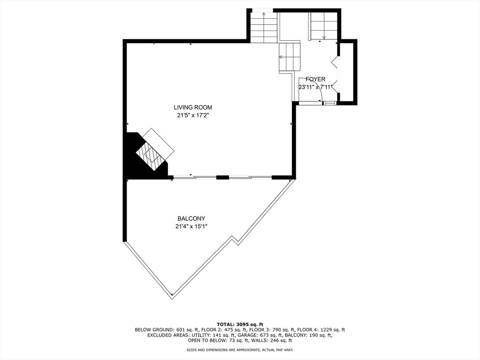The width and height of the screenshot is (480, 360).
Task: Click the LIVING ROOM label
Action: [193, 107]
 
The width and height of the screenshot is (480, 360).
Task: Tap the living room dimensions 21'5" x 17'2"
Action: [193, 116]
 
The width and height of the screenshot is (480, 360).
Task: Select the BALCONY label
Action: [191, 218]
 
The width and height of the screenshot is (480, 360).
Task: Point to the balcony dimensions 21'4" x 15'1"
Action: [191, 227]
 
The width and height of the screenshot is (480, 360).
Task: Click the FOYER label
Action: [315, 79]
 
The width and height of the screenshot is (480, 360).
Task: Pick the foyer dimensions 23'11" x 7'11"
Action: [315, 87]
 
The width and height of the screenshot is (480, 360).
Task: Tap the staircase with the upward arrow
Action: [264, 28]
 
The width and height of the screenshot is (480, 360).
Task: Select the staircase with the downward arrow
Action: [324, 26]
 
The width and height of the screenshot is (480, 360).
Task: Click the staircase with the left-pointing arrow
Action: [289, 57]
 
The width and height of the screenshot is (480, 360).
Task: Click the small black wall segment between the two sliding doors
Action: [223, 177]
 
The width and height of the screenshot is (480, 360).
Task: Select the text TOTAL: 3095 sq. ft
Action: [240, 324]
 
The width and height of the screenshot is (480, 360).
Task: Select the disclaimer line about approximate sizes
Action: [240, 350]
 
